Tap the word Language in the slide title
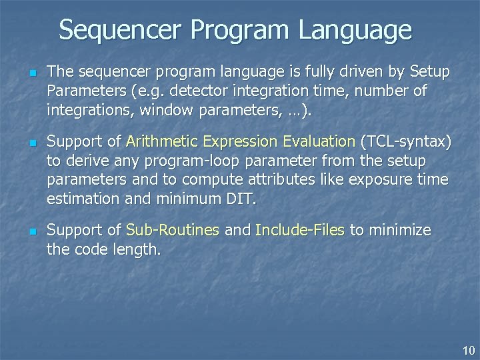click(x=356, y=30)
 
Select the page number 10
click(x=468, y=350)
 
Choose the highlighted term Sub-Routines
click(x=173, y=231)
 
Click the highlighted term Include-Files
click(x=299, y=231)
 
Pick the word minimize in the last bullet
click(x=398, y=231)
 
